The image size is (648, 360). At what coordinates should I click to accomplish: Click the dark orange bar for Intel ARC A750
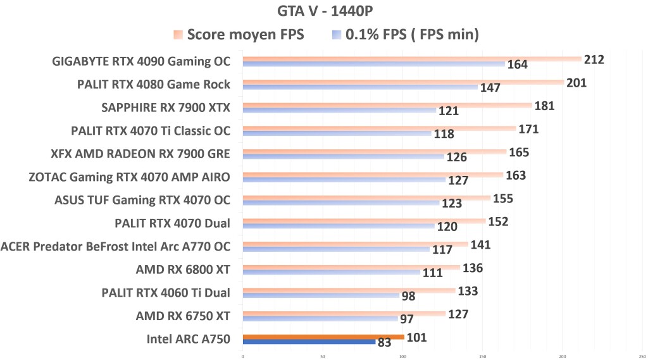323,337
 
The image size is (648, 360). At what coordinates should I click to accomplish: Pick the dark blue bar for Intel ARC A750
309,342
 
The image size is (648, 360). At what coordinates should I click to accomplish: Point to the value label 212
594,59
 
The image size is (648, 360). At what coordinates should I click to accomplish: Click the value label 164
517,65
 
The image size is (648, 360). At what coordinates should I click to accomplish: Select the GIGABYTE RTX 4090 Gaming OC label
141,61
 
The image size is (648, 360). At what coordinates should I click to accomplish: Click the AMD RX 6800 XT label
182,270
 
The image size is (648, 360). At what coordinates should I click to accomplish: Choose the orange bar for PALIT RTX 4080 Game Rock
402,82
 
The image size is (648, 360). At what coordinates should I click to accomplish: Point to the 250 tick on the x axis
642,356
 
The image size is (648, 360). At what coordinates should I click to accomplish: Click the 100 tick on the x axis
402,356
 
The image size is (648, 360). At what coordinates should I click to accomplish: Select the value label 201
576,83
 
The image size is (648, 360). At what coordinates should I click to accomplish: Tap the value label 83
384,343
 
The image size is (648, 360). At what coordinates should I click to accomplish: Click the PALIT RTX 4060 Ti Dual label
165,292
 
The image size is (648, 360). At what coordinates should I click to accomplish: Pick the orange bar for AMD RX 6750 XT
344,313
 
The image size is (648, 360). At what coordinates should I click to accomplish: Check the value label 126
456,157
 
